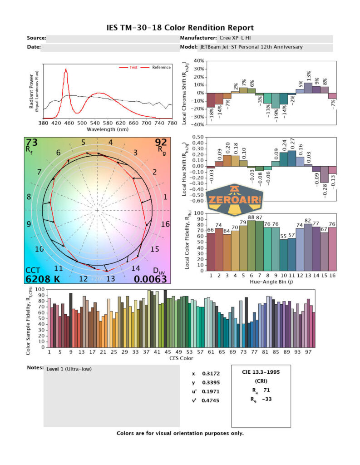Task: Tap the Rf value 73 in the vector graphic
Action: point(32,143)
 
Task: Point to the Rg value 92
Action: point(161,143)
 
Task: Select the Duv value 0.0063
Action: point(150,279)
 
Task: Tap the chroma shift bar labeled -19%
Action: point(276,100)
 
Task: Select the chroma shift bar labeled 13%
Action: point(308,88)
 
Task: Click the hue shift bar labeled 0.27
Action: point(292,158)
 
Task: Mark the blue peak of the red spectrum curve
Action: point(66,70)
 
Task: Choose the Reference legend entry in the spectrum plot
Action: point(161,67)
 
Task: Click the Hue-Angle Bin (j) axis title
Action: point(271,282)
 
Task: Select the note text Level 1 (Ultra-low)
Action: point(69,369)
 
